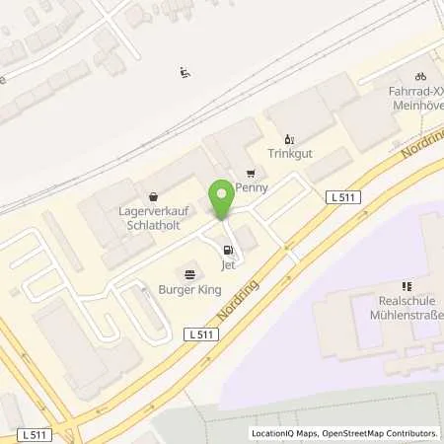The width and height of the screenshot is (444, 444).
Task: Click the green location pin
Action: point(222,196)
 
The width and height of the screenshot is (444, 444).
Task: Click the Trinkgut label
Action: point(289,153)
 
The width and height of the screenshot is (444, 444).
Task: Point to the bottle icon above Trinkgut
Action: point(289,139)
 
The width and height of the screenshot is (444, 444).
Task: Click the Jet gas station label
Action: point(229,264)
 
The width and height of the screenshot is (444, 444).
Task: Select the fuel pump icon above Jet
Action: point(229,251)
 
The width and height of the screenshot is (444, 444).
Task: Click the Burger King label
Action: point(188,289)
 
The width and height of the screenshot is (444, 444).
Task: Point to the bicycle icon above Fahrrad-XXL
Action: point(420,75)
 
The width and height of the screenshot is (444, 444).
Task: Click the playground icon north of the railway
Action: point(184,71)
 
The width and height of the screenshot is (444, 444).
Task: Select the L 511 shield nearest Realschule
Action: point(343,198)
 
